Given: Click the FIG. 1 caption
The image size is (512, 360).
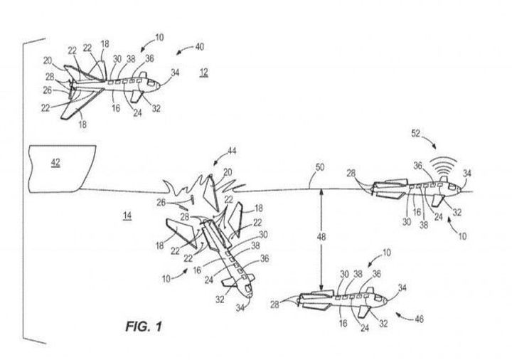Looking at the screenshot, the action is [x=144, y=326].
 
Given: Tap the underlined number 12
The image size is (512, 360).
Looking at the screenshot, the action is [x=204, y=72].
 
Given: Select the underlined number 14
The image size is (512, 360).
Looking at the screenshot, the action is [x=127, y=216].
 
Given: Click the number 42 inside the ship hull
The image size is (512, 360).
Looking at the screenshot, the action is [x=55, y=162].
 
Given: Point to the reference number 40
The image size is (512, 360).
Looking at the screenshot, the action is [x=200, y=47].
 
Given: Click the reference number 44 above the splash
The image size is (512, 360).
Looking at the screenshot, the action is [x=232, y=151].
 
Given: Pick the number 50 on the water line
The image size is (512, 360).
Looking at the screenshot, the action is [x=320, y=167].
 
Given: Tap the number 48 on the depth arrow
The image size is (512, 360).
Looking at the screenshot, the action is [x=321, y=236].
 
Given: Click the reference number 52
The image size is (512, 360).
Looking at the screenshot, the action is [x=416, y=133].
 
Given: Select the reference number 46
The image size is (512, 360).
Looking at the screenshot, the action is [x=419, y=319].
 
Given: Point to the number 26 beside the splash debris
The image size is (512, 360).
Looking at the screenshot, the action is [x=161, y=203].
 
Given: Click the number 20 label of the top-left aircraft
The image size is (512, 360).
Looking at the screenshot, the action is [x=48, y=60].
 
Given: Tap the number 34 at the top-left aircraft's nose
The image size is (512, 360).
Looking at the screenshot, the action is [x=175, y=72].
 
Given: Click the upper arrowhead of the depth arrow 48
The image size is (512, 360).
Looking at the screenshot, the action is [x=321, y=191].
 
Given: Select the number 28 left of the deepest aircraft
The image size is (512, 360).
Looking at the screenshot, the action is [x=274, y=305].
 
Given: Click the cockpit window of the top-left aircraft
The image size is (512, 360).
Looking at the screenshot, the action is [x=151, y=83].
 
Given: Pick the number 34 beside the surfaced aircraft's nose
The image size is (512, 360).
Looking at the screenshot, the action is [x=467, y=173].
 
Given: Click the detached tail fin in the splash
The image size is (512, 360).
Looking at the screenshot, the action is [x=210, y=193].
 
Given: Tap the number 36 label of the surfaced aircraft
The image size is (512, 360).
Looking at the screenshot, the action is [x=418, y=166].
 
